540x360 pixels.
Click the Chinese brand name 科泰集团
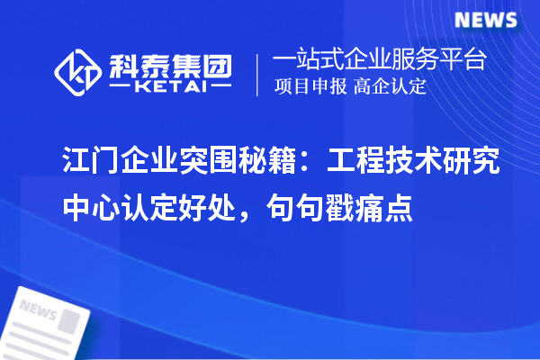coord(169,63)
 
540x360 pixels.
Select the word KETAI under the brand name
coord(169,87)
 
